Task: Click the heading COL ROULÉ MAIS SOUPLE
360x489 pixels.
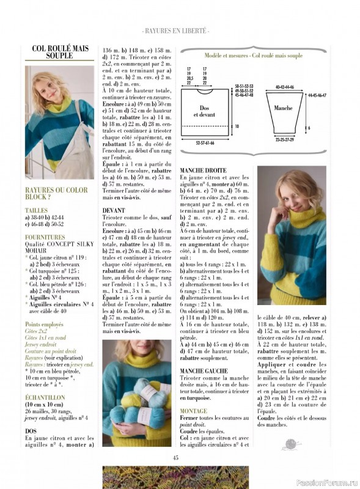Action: tap(60, 51)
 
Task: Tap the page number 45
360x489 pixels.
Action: tap(175, 457)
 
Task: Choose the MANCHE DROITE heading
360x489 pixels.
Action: tap(203, 170)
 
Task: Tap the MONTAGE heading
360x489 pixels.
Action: tap(194, 411)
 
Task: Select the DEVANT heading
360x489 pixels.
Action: tap(114, 210)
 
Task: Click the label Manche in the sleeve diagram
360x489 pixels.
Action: tap(282, 108)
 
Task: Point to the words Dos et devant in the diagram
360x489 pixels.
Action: tap(204, 111)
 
